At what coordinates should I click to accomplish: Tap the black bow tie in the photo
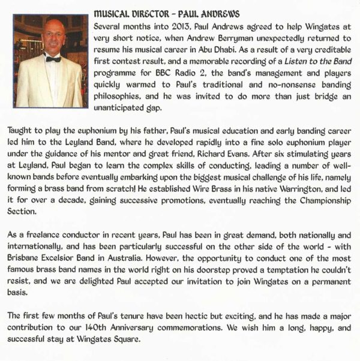(53, 58)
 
